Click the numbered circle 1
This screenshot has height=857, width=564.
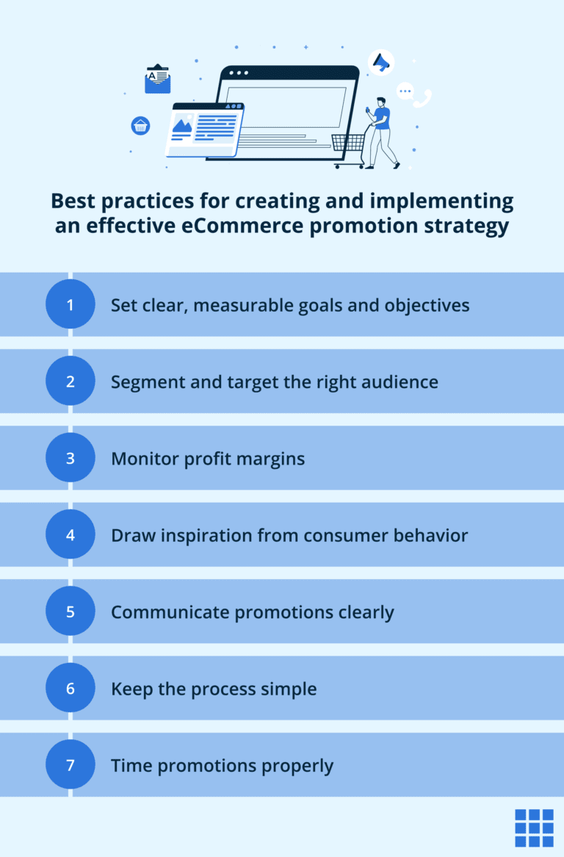point(70,304)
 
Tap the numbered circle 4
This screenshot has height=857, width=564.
point(70,534)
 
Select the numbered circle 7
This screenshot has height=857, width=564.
point(70,765)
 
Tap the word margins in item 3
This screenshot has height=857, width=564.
point(270,459)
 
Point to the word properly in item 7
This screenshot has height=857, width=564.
point(297,766)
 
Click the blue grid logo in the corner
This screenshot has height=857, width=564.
point(534,828)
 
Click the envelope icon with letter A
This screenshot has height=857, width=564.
point(157,80)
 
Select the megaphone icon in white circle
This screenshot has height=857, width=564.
point(381,62)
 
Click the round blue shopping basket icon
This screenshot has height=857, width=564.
point(140,125)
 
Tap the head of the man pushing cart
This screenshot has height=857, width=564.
point(380,101)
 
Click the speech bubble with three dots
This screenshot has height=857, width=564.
point(405,91)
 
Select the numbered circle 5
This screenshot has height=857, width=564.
point(70,612)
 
